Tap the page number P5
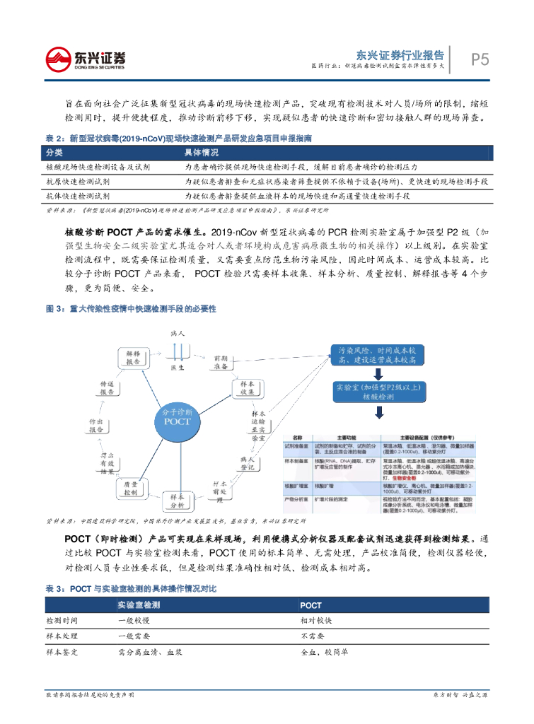(480, 60)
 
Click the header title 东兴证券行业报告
(400, 54)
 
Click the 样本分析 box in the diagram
(177, 500)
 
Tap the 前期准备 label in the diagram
(220, 363)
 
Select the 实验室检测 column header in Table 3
(139, 605)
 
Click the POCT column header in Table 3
(310, 605)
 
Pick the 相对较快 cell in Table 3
(316, 620)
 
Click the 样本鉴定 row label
(62, 651)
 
